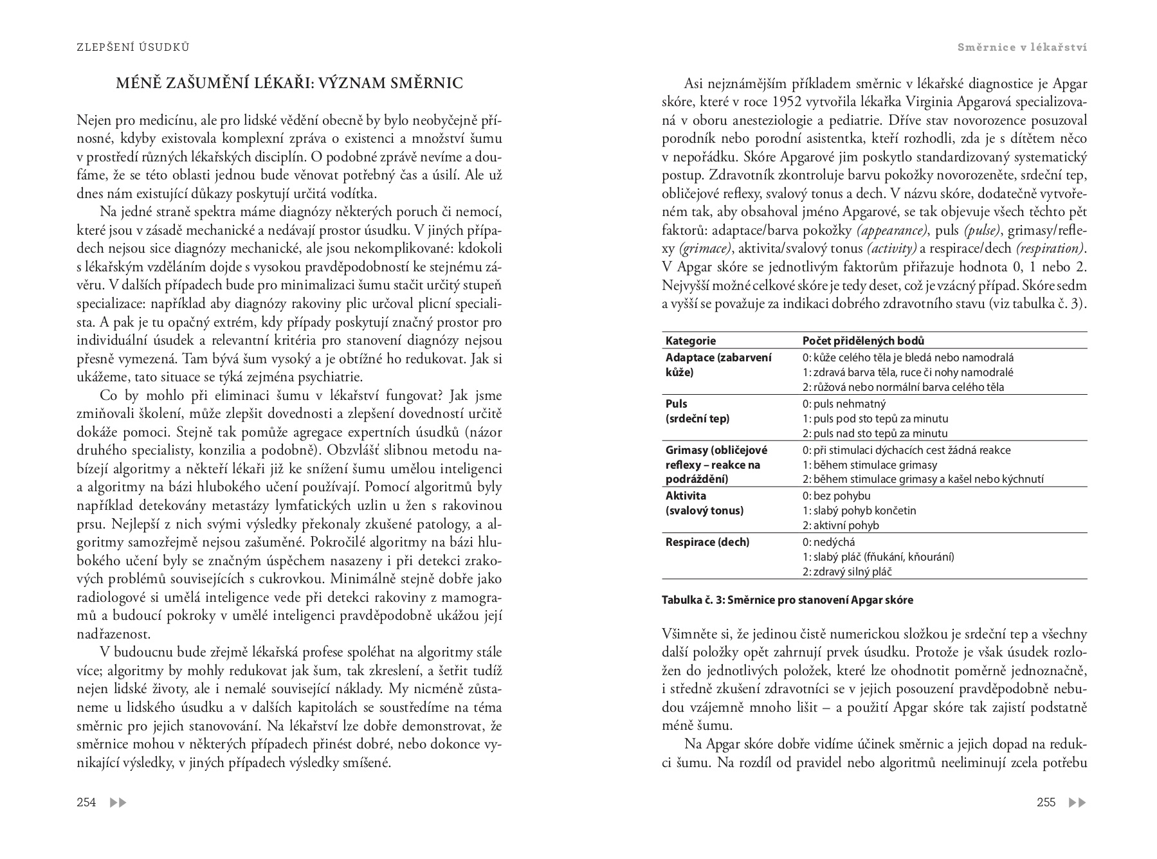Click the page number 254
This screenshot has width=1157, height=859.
86,802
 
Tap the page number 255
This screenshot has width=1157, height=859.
1046,802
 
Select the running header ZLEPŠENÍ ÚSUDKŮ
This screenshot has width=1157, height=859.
132,47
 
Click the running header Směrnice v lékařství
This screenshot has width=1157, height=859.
1022,47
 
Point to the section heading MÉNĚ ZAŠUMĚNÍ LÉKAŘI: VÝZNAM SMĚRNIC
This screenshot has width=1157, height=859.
289,84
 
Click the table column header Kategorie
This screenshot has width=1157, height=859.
691,341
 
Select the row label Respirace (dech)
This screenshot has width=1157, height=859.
707,542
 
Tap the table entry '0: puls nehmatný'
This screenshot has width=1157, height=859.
844,404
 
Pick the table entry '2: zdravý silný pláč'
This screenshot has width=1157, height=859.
847,572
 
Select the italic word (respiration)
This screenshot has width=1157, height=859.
1051,248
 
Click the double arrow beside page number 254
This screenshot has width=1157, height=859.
118,802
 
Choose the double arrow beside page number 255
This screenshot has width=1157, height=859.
1077,802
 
